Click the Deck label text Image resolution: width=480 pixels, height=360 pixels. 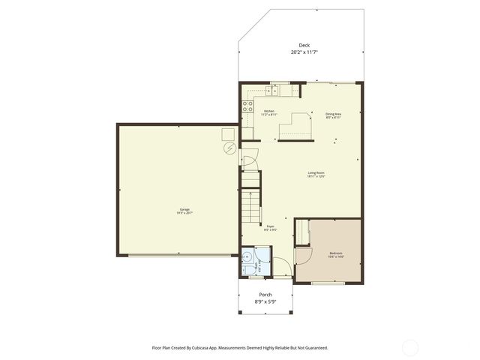click(304, 44)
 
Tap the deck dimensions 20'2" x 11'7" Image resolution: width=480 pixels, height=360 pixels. click(304, 52)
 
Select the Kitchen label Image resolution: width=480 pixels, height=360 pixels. click(268, 111)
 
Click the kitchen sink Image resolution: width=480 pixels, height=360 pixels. click(275, 90)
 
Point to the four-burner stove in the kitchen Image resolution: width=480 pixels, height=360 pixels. click(247, 107)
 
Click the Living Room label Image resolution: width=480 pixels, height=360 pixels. click(316, 173)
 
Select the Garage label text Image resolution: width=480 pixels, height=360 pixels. click(184, 208)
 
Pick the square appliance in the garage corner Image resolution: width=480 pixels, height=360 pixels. click(226, 133)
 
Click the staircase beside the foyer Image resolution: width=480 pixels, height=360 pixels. click(250, 199)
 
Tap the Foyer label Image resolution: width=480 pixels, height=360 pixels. click(271, 225)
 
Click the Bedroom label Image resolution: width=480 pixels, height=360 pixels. click(336, 253)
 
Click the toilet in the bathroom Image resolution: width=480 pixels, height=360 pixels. click(247, 268)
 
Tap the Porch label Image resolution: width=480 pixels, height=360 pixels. click(266, 295)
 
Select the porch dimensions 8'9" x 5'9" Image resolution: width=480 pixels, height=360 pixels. click(266, 301)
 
